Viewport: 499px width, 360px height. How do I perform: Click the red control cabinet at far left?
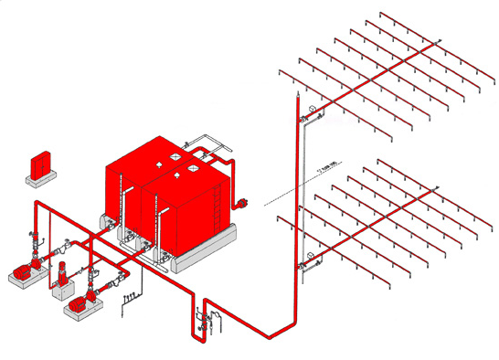39,164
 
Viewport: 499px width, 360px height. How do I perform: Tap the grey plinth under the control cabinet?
40,179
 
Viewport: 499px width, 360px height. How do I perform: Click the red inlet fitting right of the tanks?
243,201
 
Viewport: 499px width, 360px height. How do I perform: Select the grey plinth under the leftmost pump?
20,281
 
